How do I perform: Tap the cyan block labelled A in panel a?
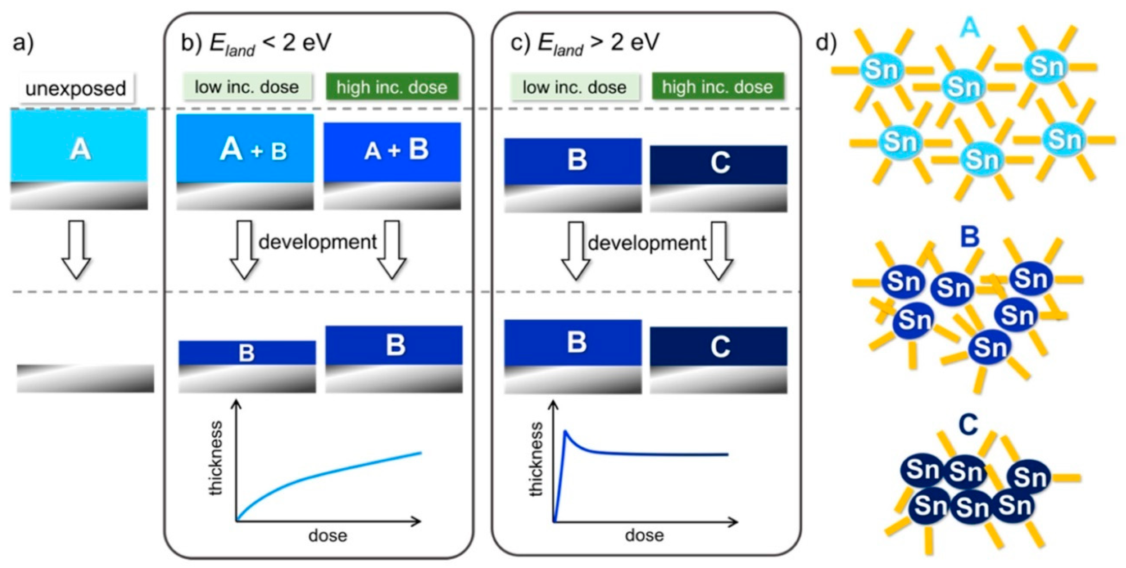[x=79, y=145]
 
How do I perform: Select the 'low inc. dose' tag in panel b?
[x=247, y=87]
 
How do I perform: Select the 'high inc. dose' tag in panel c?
[x=717, y=87]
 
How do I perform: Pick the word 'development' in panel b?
[x=318, y=242]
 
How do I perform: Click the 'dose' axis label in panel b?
[x=328, y=535]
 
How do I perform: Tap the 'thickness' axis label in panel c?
[x=536, y=459]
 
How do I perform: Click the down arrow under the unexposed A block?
[x=76, y=249]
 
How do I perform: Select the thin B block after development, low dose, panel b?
[x=247, y=352]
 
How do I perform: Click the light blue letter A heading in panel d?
[x=969, y=29]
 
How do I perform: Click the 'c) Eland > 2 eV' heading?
[x=585, y=43]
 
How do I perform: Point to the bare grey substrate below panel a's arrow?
[x=85, y=379]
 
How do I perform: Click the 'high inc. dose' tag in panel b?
[x=392, y=87]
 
